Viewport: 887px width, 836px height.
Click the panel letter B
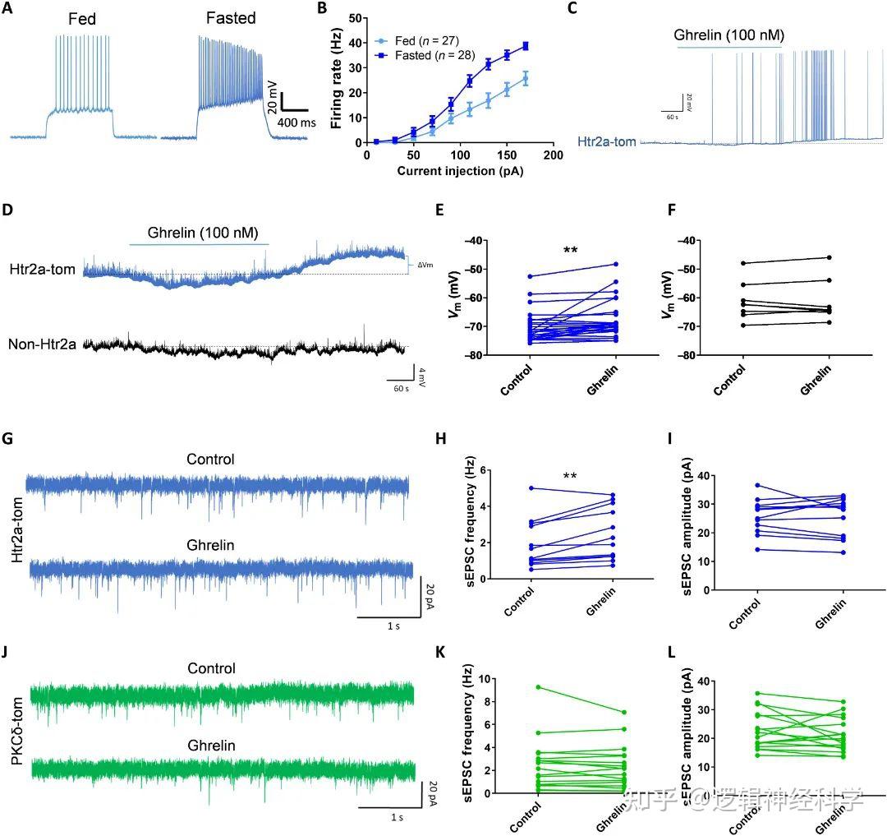[323, 10]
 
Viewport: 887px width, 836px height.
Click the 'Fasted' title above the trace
[231, 18]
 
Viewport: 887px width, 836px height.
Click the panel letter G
[8, 438]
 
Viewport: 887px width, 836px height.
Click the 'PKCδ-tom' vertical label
[16, 724]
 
